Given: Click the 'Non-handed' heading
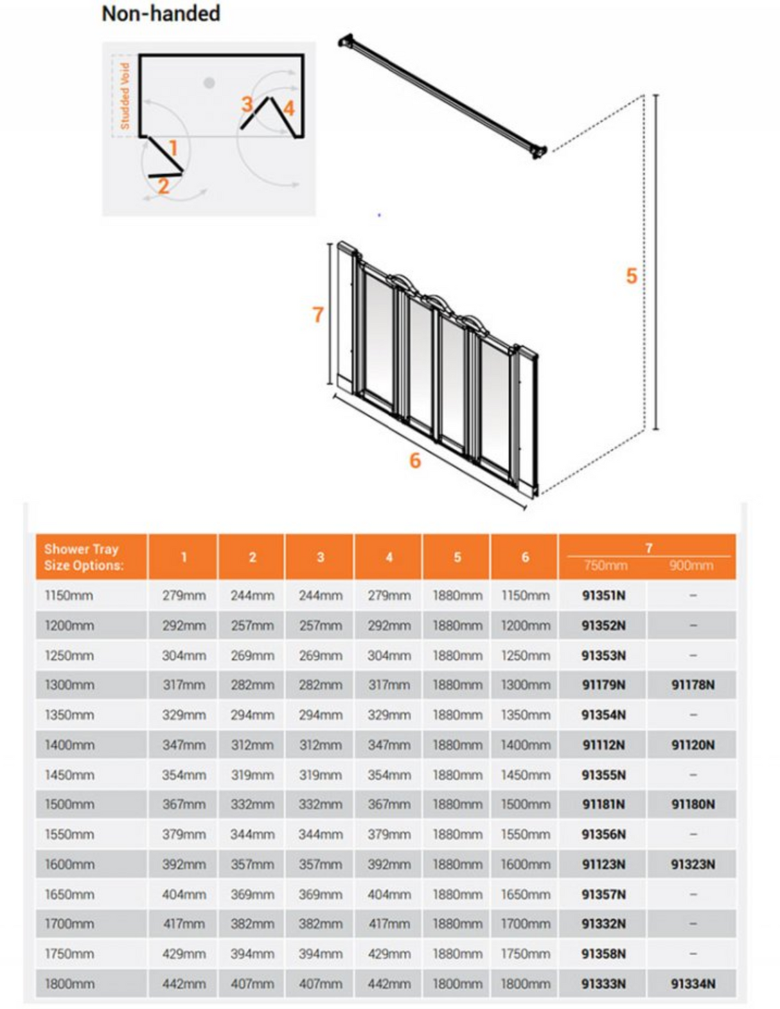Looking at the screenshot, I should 161,13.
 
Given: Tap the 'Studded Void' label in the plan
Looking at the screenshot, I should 125,95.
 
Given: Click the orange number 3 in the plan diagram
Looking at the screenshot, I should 247,103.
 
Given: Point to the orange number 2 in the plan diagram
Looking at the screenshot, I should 163,186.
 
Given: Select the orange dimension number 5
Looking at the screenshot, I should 631,276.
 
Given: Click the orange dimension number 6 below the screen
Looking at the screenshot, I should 415,460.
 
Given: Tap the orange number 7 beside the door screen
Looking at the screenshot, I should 317,314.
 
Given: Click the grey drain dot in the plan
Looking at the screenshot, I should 209,83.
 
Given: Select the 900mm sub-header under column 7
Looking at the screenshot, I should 691,566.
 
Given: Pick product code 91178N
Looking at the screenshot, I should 693,684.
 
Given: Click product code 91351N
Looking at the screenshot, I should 603,595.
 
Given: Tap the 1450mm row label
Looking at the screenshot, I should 69,774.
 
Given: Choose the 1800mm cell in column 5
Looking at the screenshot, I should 457,983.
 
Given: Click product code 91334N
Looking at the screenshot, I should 693,983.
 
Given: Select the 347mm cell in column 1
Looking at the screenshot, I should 184,745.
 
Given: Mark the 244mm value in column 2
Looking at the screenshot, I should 252,595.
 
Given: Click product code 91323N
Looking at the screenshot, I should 693,864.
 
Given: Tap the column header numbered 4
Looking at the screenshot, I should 389,557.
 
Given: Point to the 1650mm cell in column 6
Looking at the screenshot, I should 525,894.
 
